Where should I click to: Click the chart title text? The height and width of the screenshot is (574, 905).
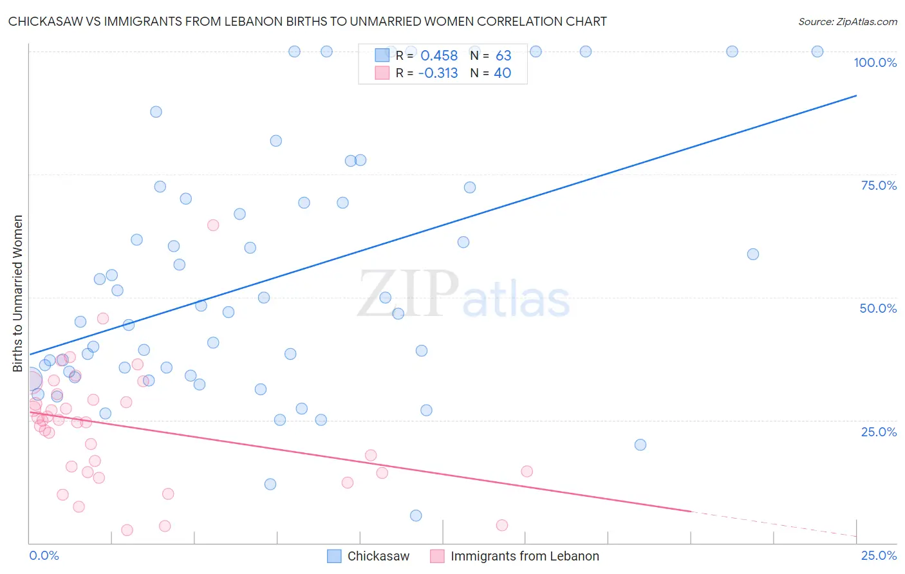(x=308, y=21)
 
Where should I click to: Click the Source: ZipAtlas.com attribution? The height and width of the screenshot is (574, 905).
(x=847, y=21)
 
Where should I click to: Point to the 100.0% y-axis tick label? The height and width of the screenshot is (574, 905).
(x=875, y=62)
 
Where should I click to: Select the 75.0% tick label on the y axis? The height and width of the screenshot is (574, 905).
(x=879, y=185)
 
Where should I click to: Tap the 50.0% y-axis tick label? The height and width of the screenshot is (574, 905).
(x=878, y=308)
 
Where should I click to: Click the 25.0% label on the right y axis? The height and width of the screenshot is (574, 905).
(x=879, y=431)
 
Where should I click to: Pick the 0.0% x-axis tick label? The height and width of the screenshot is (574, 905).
(x=44, y=555)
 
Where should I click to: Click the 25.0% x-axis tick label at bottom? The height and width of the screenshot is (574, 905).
(x=879, y=555)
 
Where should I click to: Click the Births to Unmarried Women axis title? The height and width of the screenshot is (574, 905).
(x=17, y=293)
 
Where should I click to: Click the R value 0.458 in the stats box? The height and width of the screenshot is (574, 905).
(x=439, y=56)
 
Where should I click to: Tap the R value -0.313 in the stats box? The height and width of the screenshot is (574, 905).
(x=438, y=73)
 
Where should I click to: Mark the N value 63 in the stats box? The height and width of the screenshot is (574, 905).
(x=503, y=56)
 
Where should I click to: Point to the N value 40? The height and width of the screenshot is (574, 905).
(x=502, y=73)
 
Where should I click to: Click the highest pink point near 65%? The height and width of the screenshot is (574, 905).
(x=213, y=225)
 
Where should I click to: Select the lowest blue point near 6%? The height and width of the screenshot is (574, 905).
(x=416, y=515)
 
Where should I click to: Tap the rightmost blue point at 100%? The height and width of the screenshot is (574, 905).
(x=817, y=51)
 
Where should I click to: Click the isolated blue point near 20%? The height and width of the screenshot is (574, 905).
(x=640, y=445)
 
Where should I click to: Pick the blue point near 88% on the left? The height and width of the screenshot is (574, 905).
(x=156, y=112)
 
